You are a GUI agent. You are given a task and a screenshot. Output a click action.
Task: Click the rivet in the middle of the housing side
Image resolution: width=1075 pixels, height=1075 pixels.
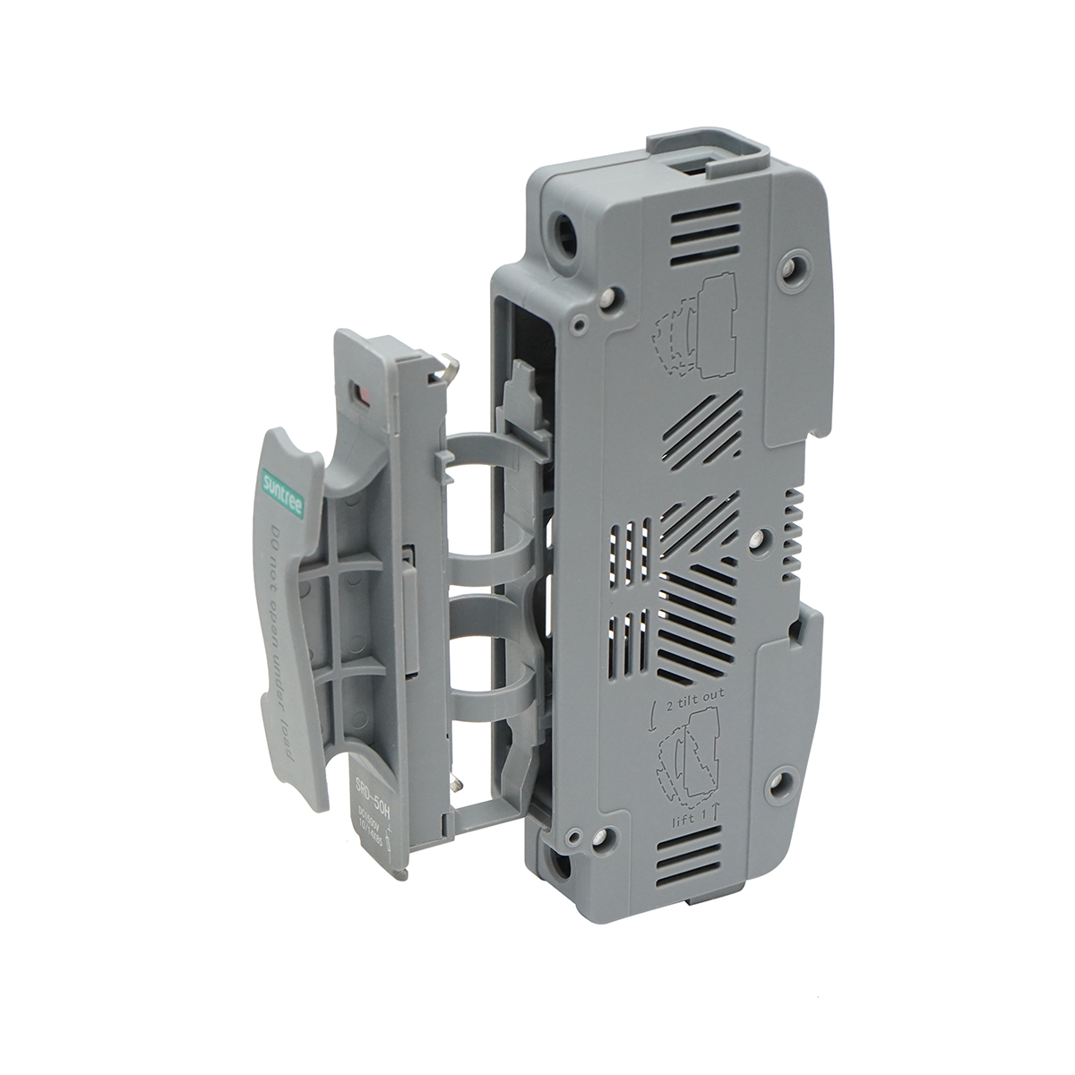tap(758, 537)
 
